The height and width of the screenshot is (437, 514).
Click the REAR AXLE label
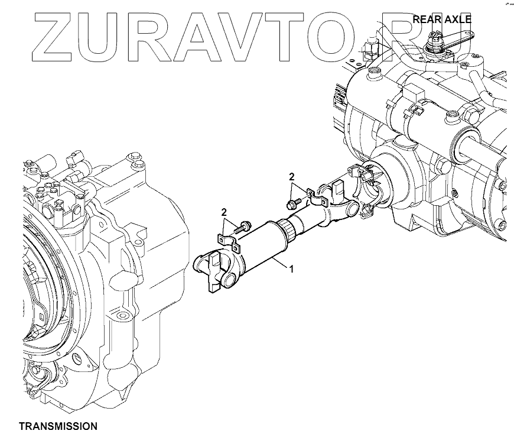[x=441, y=19]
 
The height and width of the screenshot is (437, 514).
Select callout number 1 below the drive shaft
[x=291, y=268]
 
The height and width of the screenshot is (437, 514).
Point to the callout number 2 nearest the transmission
[x=224, y=212]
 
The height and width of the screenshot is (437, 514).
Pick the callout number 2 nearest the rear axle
[x=291, y=176]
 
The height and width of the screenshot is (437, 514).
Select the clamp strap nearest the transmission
[x=228, y=242]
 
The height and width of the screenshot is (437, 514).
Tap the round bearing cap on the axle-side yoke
[x=351, y=208]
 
